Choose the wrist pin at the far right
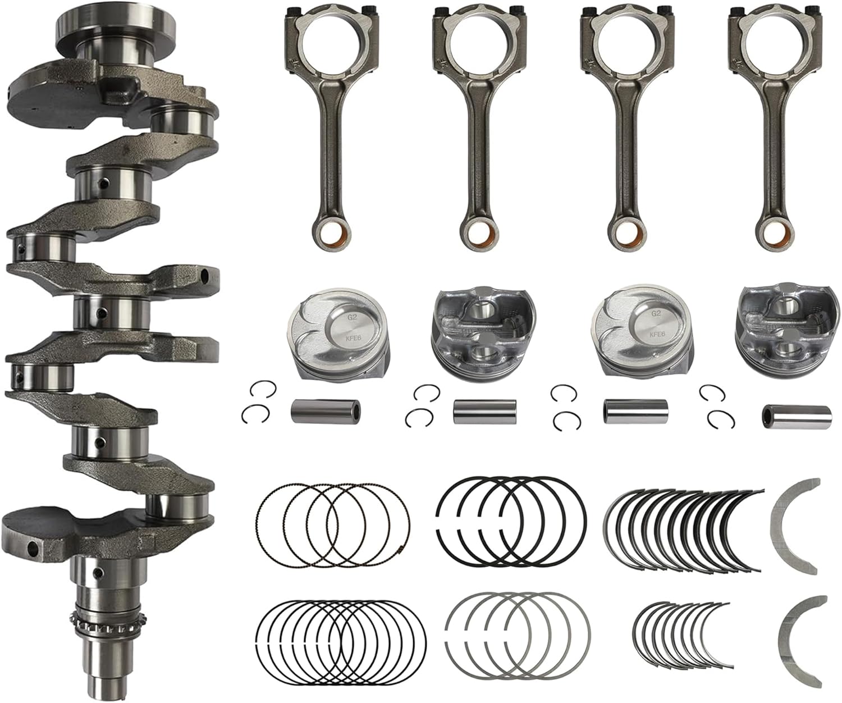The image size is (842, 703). [796, 414]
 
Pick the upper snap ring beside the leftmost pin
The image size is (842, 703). [259, 389]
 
